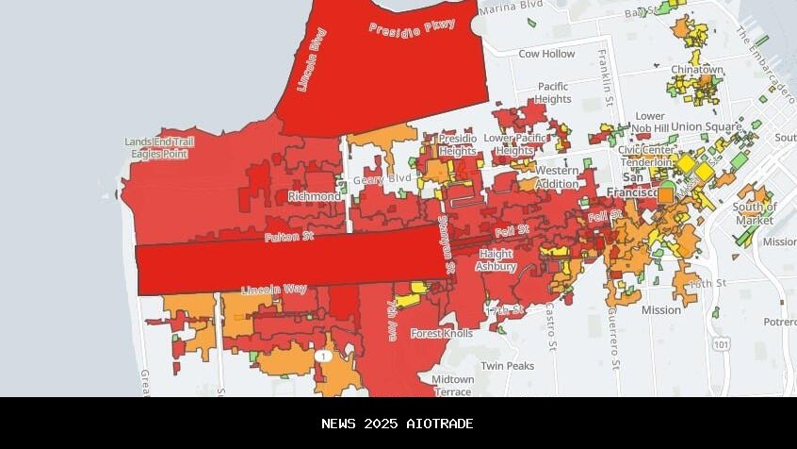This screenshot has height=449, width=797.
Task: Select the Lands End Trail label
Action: pos(159,141)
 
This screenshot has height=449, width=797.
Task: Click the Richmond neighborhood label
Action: pos(315,196)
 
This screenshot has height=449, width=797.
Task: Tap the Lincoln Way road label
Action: pos(274,289)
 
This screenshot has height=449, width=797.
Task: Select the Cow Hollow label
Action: pos(546,54)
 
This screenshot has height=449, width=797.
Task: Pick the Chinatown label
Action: pos(697,70)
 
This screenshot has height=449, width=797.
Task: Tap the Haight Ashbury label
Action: pos(496,260)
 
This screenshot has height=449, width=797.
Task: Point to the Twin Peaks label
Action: pos(507,366)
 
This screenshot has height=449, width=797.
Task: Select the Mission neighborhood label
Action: pos(660,309)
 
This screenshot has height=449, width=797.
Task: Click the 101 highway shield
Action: pos(722,344)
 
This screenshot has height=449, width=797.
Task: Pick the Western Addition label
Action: pos(557,177)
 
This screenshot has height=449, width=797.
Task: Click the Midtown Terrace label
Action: pos(453,385)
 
